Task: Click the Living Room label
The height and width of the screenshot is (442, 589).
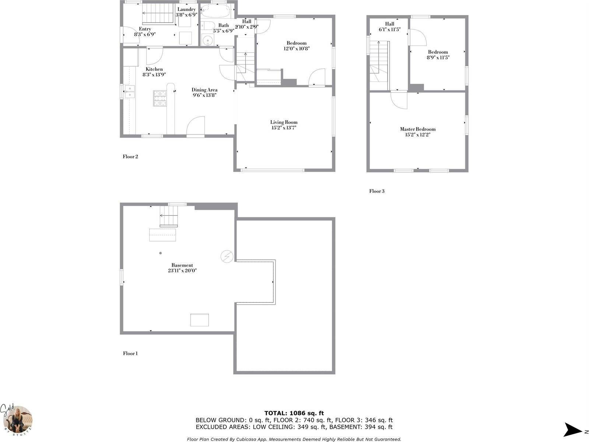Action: click(x=284, y=122)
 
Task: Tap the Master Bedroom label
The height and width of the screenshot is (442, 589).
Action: click(x=418, y=129)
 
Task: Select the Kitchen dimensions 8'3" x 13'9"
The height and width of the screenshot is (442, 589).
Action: click(x=154, y=75)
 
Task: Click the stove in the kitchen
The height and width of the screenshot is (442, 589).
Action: click(x=160, y=98)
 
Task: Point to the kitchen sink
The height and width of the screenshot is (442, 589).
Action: click(x=130, y=92)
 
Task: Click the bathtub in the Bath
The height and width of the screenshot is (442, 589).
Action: click(x=216, y=11)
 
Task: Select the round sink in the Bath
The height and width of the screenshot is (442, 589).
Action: click(x=207, y=40)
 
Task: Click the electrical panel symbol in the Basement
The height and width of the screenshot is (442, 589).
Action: click(x=227, y=256)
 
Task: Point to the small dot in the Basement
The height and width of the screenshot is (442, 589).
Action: click(x=160, y=253)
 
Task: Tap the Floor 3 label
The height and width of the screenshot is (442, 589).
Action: click(x=377, y=191)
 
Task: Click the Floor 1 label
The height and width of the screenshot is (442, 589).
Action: click(x=130, y=354)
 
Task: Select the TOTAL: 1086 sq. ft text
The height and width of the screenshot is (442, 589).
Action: click(x=294, y=413)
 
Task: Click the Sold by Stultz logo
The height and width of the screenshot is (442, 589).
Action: click(x=17, y=420)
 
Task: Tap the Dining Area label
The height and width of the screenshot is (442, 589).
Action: click(x=204, y=90)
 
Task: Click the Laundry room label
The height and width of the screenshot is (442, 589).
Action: click(x=186, y=10)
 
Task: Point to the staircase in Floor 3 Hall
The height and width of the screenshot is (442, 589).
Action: click(x=379, y=64)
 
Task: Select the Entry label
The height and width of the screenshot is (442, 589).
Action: click(x=145, y=29)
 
